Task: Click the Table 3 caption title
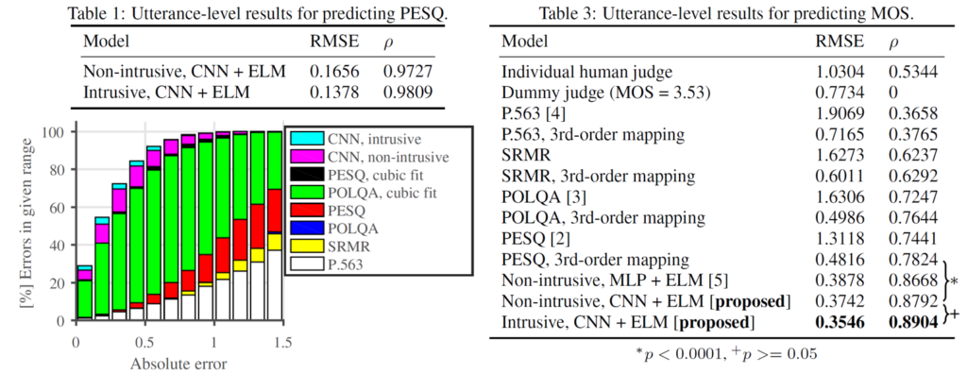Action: point(726,13)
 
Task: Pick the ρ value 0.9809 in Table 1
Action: point(404,92)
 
